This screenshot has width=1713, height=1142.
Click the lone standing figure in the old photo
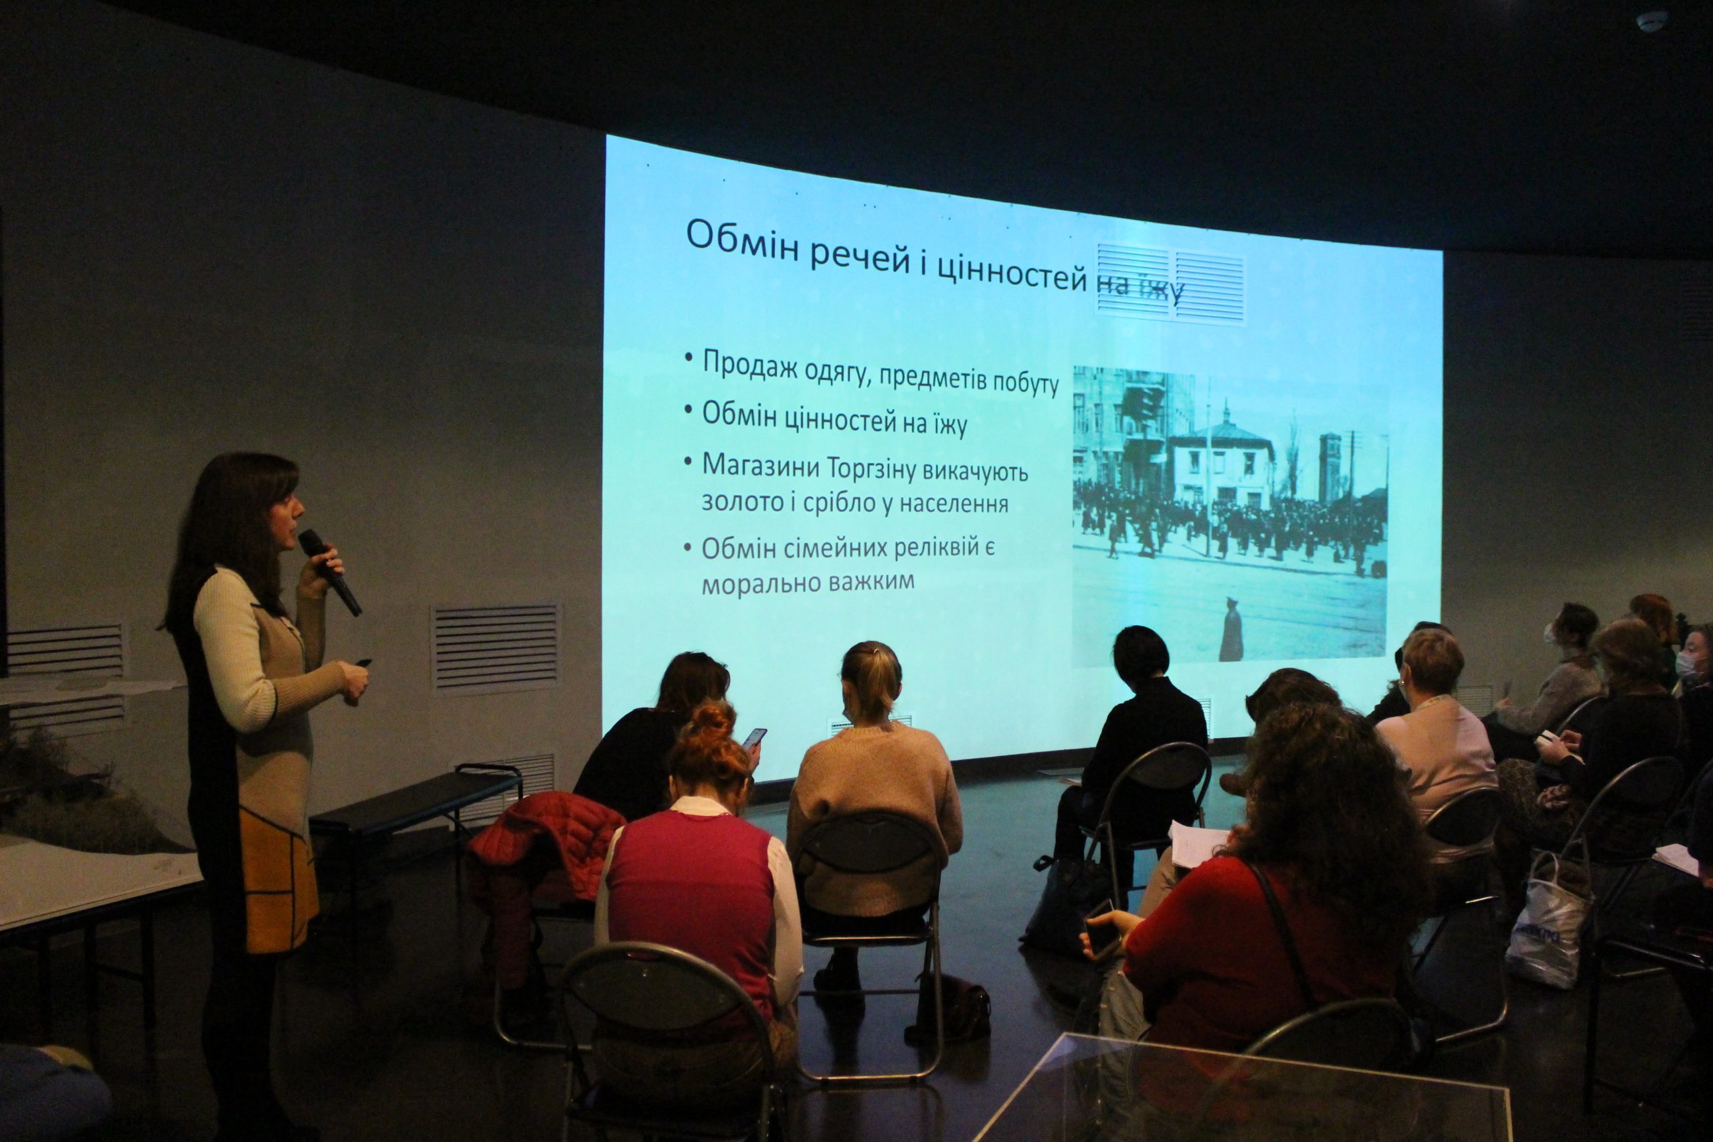[1231, 630]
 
